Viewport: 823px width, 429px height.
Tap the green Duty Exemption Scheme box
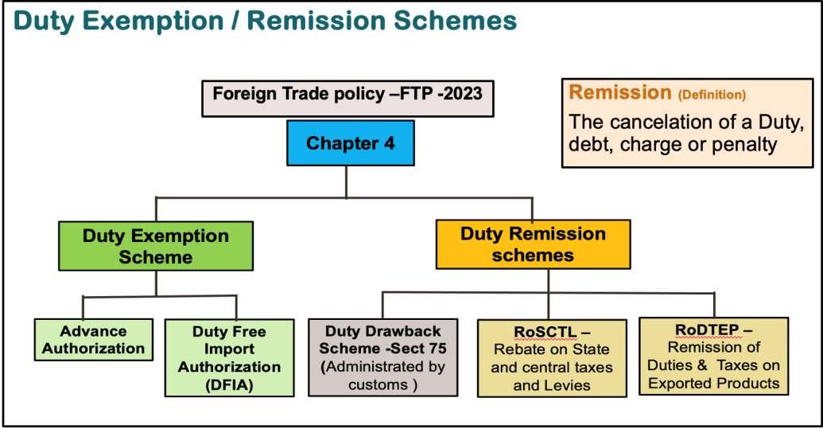click(156, 246)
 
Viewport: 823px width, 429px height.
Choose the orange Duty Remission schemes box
click(533, 244)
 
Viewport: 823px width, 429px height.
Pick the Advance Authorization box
click(94, 340)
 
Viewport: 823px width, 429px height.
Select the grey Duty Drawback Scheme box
click(382, 357)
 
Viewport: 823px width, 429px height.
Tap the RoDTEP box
click(713, 355)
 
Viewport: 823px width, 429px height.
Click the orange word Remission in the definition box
click(620, 92)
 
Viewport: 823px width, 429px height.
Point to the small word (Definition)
click(712, 95)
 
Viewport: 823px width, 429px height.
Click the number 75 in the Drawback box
click(439, 349)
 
